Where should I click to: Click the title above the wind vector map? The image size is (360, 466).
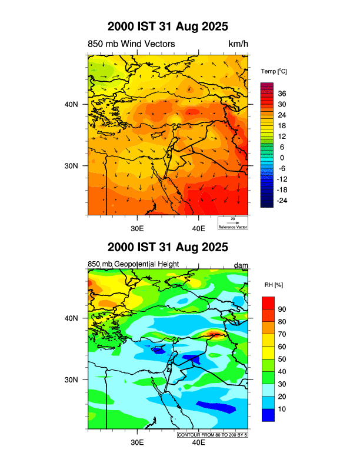coord(168,27)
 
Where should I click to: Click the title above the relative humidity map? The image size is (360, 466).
coord(168,247)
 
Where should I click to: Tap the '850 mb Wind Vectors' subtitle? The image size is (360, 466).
coord(131,44)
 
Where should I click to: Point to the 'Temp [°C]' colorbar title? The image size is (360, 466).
coord(274,71)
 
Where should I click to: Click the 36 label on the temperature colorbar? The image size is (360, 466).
coord(282,94)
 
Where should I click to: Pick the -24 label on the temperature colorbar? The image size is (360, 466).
coord(282,201)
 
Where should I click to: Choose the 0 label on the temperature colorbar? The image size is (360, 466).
coord(282,158)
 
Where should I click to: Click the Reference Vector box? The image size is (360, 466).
coord(232,222)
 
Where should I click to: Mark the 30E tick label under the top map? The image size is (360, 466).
coord(137,228)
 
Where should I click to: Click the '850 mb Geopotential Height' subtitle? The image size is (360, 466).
coord(133,264)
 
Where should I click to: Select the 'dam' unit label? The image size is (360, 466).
coord(241,265)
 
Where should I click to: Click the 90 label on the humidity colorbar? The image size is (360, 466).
coord(282,309)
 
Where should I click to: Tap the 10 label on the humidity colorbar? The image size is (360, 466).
coord(282,409)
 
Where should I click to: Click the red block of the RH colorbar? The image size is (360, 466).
coord(268,303)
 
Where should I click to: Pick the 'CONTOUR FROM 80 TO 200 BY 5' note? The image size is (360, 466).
coord(212,434)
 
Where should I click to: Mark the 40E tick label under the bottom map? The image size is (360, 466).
coord(198,442)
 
